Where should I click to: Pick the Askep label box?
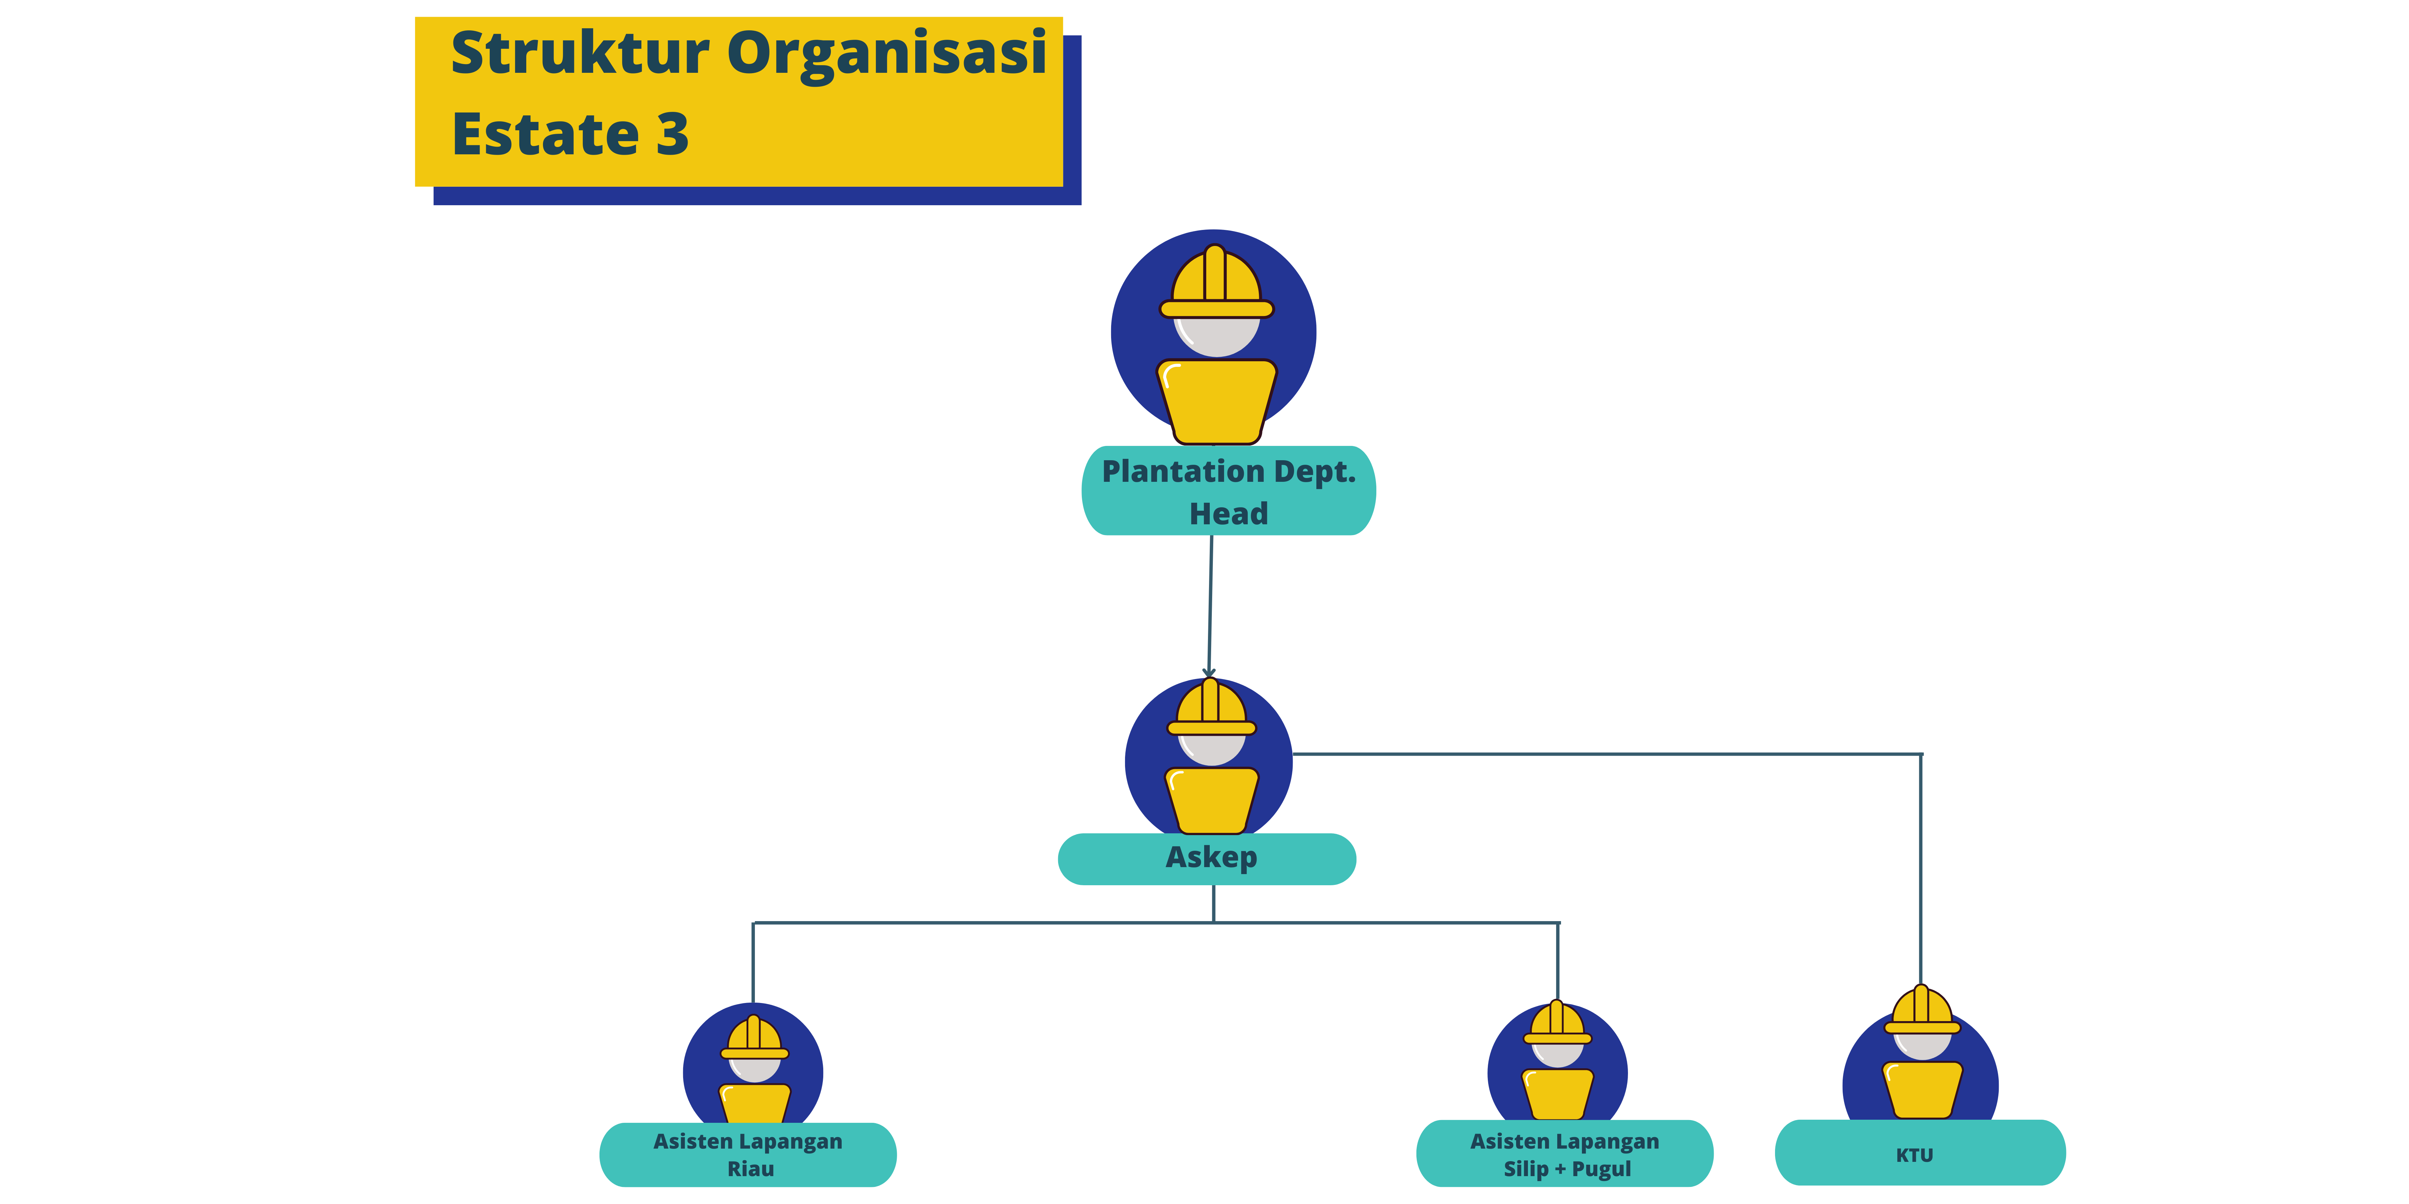[x=1206, y=858]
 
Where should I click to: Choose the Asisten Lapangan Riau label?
[x=748, y=1155]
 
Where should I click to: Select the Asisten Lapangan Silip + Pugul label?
[x=1565, y=1155]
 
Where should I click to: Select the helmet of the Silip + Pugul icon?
[x=1557, y=1024]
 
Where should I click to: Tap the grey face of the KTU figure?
[x=1922, y=1045]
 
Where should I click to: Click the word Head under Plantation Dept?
[x=1228, y=514]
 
